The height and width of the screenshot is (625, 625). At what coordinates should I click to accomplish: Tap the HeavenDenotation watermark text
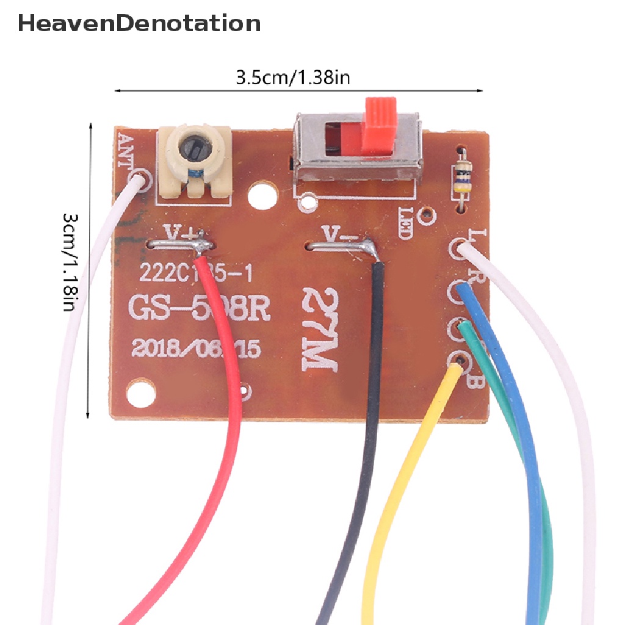point(139,23)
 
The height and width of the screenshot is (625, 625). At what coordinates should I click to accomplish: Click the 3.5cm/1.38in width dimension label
point(292,78)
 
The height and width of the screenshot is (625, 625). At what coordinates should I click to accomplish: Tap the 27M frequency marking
point(321,331)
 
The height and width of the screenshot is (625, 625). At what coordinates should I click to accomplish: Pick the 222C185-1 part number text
point(195,273)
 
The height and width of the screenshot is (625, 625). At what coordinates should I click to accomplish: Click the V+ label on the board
point(182,233)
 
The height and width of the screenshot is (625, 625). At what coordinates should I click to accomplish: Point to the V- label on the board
point(334,234)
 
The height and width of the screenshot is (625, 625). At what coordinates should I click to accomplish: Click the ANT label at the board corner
point(125,150)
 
